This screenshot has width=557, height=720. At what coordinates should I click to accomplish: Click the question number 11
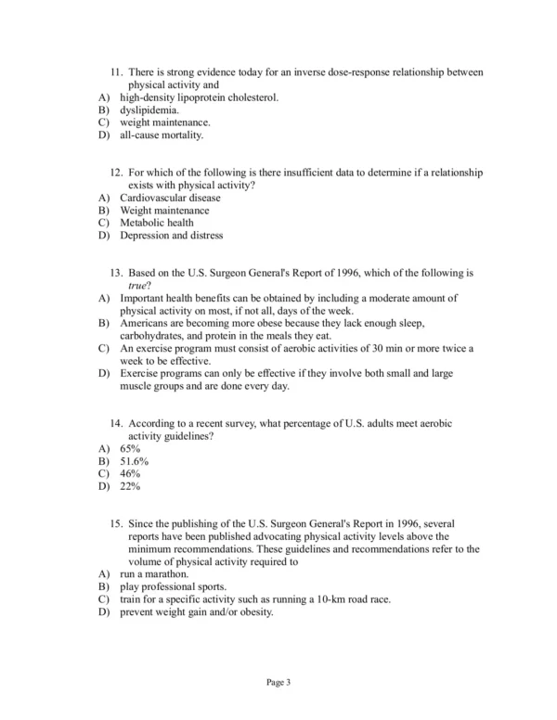coord(117,72)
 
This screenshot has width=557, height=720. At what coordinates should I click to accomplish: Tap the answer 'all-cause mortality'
coord(161,135)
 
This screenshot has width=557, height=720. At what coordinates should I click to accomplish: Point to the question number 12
coord(117,173)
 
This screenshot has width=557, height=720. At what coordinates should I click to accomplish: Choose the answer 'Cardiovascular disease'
coord(170,198)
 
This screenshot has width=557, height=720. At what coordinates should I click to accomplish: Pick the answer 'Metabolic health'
coord(157,223)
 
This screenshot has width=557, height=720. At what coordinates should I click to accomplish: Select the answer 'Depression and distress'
coord(171,236)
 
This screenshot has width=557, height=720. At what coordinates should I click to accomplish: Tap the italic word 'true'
coord(136,286)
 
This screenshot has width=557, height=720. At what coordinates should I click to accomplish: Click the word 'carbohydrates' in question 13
coord(154,336)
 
